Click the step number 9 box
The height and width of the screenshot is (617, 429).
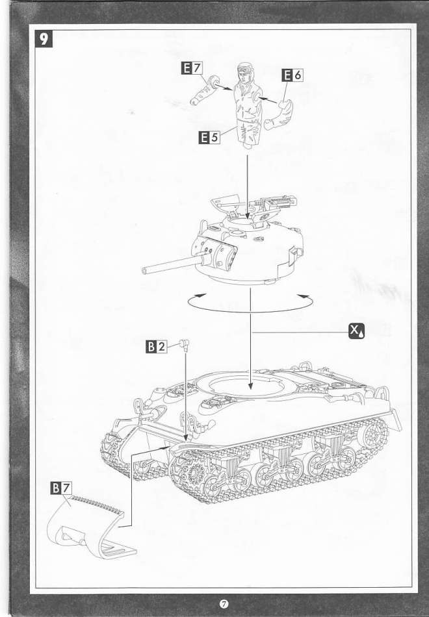coord(44,38)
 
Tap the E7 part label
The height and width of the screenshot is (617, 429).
coord(192,68)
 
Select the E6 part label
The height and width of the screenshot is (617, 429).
coord(292,75)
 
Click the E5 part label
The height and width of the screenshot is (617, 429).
coord(209,137)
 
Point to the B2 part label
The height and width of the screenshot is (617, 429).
coord(157,347)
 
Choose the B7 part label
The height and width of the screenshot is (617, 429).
coord(62,488)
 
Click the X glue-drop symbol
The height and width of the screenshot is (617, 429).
coord(357,331)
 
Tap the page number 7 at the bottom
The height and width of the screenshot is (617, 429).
coord(224,603)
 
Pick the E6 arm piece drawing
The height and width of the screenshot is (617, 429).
coord(279,114)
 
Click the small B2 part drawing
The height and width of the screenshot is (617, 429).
coord(185,344)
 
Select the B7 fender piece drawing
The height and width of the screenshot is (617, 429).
coord(91,527)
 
